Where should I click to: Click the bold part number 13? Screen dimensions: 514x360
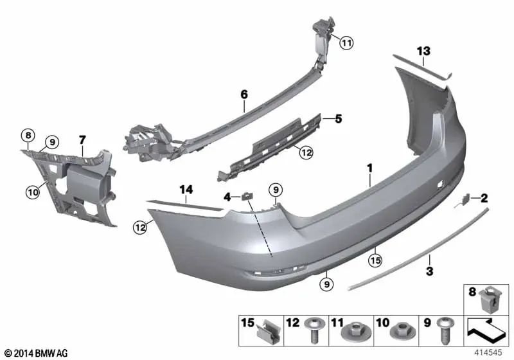click(x=423, y=51)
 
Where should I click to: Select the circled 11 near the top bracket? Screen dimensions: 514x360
click(x=346, y=42)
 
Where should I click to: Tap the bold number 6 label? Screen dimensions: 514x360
click(x=244, y=94)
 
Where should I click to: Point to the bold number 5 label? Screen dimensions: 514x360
click(x=338, y=119)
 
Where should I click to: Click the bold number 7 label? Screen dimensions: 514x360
click(x=82, y=140)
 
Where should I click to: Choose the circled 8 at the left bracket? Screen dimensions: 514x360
click(x=28, y=135)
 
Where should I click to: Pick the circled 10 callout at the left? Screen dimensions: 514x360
click(x=33, y=192)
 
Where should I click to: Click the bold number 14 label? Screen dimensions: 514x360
click(x=186, y=190)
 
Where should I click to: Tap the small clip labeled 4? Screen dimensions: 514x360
click(x=247, y=197)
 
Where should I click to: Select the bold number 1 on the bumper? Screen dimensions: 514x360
click(x=370, y=168)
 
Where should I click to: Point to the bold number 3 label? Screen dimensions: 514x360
click(x=429, y=271)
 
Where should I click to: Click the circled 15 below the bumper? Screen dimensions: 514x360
click(x=375, y=260)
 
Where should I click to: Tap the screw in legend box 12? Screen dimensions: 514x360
click(x=314, y=330)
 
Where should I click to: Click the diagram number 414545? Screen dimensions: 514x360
click(x=488, y=353)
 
